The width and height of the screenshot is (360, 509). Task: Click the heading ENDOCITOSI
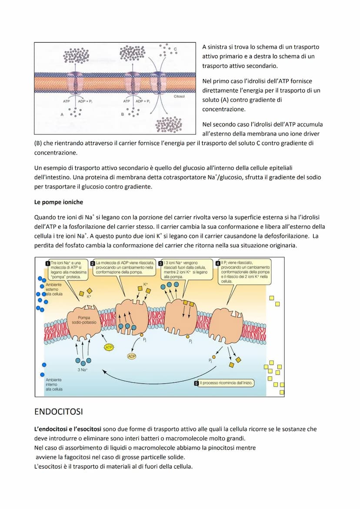pyautogui.click(x=58, y=411)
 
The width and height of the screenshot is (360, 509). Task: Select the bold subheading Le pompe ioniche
pyautogui.click(x=58, y=202)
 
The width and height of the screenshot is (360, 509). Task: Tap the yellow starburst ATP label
pyautogui.click(x=109, y=347)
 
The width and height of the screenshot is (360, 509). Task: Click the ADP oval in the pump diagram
pyautogui.click(x=132, y=356)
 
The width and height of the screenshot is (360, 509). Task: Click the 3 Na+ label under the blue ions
pyautogui.click(x=83, y=370)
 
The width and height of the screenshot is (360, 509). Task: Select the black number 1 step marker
pyautogui.click(x=47, y=263)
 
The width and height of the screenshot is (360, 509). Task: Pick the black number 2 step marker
pyautogui.click(x=93, y=263)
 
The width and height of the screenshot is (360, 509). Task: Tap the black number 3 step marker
pyautogui.click(x=161, y=263)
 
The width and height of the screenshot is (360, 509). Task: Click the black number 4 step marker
pyautogui.click(x=218, y=263)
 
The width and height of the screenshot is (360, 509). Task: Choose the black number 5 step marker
pyautogui.click(x=197, y=383)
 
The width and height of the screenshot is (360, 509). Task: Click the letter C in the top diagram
pyautogui.click(x=175, y=49)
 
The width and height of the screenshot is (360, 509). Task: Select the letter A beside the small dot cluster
pyautogui.click(x=62, y=114)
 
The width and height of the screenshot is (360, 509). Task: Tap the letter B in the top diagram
pyautogui.click(x=123, y=114)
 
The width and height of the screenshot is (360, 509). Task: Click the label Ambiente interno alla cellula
pyautogui.click(x=53, y=384)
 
